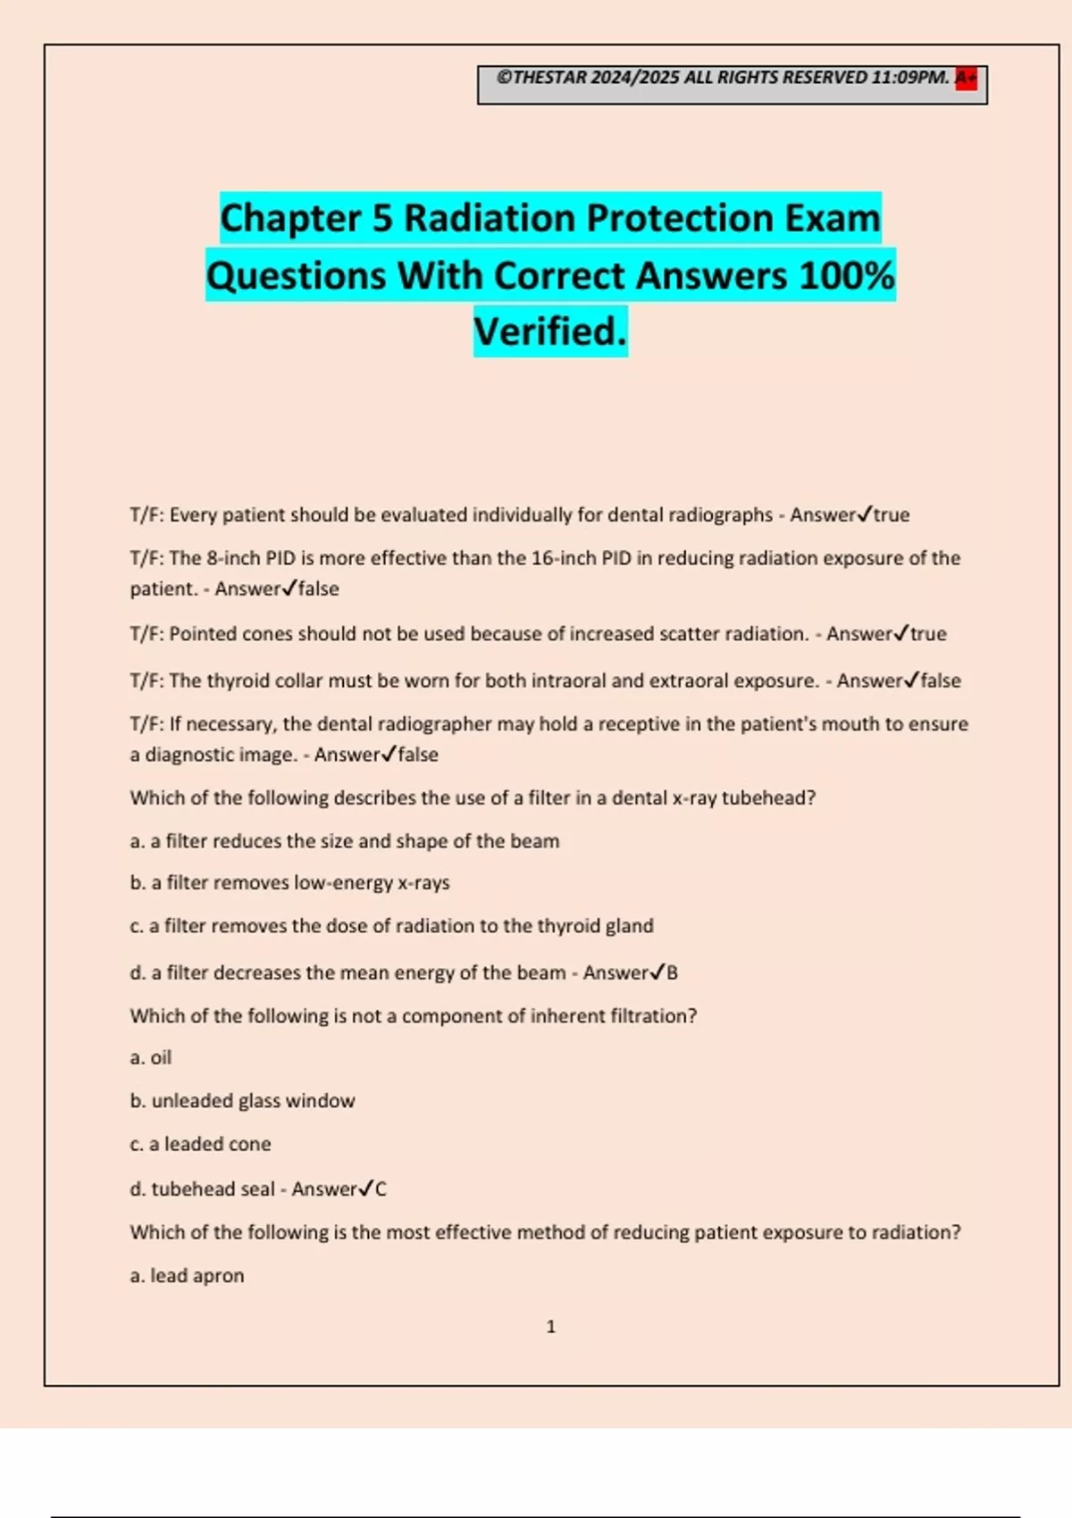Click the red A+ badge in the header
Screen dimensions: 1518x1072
click(x=966, y=79)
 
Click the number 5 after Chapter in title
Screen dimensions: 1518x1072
click(x=382, y=218)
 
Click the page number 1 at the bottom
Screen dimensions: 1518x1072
click(x=550, y=1327)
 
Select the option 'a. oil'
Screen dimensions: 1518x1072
click(x=151, y=1057)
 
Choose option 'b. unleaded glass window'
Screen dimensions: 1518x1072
click(x=242, y=1101)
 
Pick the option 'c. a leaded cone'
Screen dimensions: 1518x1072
click(x=200, y=1144)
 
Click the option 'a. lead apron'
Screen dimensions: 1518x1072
click(x=187, y=1275)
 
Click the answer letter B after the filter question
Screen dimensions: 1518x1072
click(x=672, y=972)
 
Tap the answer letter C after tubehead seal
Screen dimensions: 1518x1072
click(x=381, y=1189)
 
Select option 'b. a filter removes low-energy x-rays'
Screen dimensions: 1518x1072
click(x=289, y=882)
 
